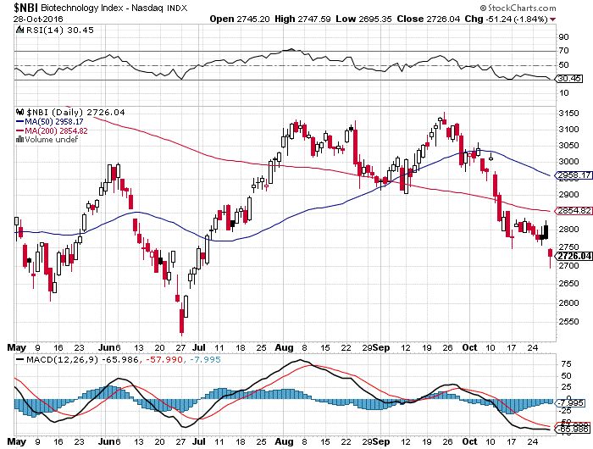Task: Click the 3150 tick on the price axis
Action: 568,114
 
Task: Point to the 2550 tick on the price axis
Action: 568,322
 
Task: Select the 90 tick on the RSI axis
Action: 563,37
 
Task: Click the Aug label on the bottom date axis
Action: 284,346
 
